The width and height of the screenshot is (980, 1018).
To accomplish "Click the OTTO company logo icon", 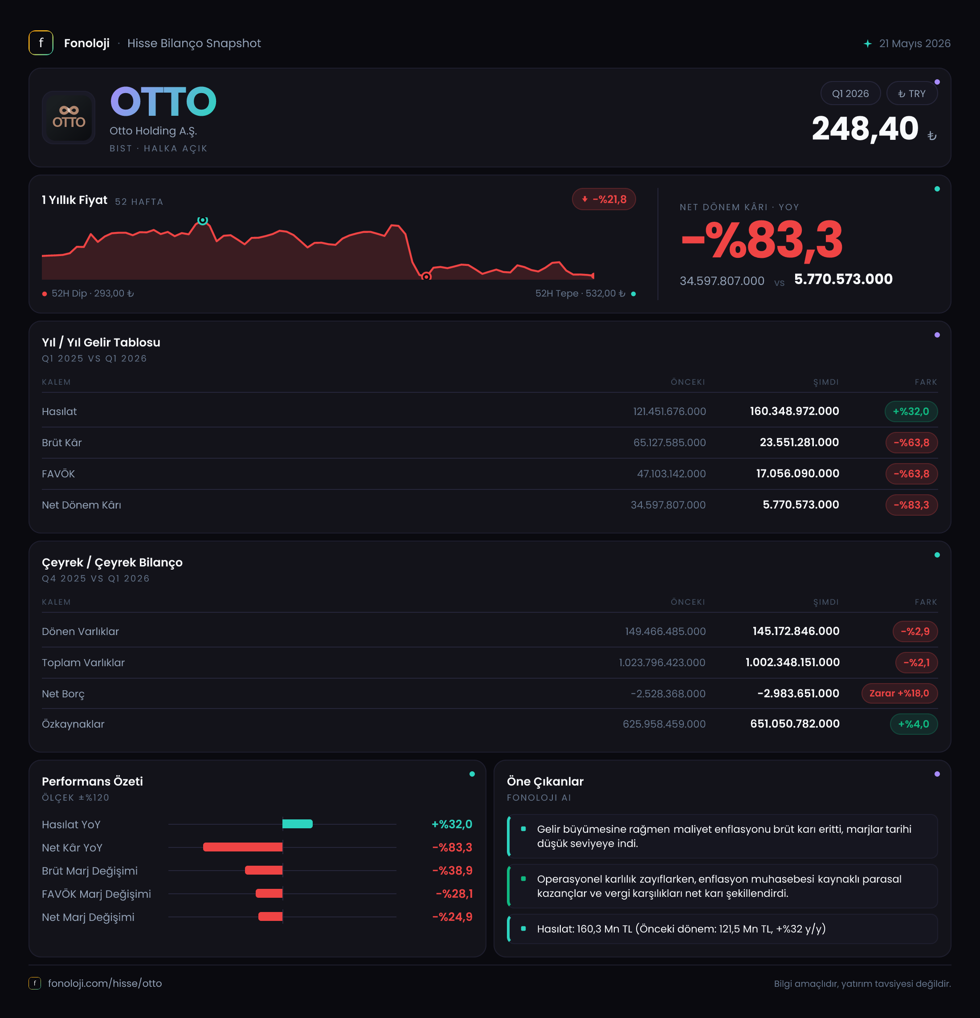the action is (69, 118).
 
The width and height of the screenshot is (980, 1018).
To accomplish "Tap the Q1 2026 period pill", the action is (850, 94).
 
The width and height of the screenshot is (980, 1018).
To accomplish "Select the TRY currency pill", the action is (912, 94).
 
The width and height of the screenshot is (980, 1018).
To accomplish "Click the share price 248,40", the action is (865, 128).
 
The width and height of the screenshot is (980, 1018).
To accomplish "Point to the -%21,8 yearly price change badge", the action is (604, 200).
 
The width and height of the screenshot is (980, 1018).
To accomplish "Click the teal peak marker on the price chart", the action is (203, 220).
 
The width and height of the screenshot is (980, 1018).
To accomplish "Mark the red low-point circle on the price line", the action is (426, 276).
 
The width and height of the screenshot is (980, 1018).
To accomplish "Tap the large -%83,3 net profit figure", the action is (762, 240).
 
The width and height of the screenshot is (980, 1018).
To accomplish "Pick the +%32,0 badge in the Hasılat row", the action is (911, 411).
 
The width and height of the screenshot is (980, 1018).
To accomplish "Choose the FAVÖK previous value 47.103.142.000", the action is (671, 474).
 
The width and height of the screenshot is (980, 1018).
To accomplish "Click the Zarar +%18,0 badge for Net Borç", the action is (899, 693).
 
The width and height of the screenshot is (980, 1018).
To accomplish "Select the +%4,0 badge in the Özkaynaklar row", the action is (914, 724).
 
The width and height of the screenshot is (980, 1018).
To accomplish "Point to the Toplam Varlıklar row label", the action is (83, 663).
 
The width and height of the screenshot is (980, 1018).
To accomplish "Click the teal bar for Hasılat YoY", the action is (297, 824).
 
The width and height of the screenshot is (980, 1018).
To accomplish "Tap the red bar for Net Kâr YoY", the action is (243, 847).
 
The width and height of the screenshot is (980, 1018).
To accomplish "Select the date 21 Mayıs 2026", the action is (915, 44).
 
